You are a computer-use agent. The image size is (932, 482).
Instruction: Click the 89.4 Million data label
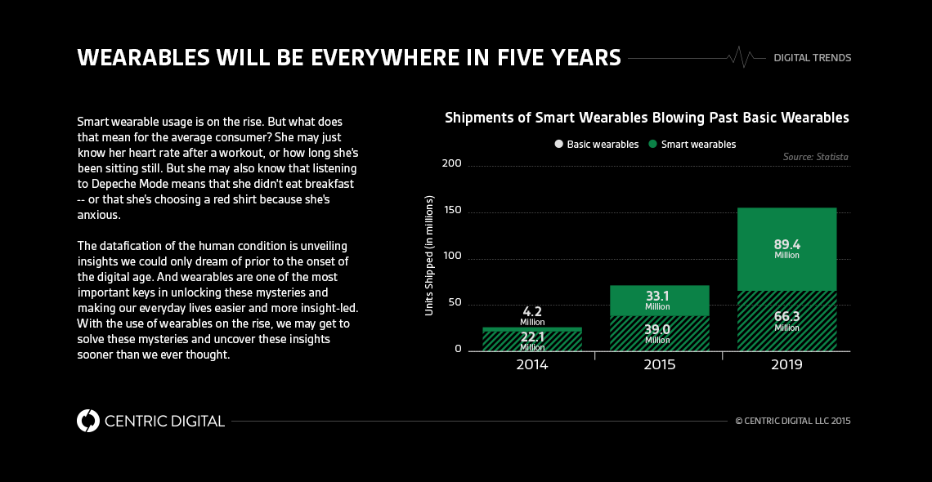tap(786, 248)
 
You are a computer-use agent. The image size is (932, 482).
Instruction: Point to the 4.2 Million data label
tap(531, 315)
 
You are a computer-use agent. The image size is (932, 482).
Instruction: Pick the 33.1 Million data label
tap(657, 300)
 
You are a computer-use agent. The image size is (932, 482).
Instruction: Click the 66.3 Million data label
tap(786, 320)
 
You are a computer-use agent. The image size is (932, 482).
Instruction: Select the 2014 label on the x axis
tap(531, 365)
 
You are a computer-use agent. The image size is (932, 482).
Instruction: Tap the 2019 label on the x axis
tap(786, 365)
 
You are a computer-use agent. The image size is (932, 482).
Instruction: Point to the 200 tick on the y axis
tap(452, 164)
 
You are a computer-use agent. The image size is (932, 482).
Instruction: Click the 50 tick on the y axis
tap(455, 303)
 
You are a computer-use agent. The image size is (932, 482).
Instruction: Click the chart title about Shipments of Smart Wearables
tap(647, 118)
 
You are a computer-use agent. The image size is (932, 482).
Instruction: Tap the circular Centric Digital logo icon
tap(88, 421)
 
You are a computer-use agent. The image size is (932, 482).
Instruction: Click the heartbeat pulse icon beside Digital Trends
tap(740, 58)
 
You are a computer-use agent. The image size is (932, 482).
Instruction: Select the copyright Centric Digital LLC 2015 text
tap(793, 422)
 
